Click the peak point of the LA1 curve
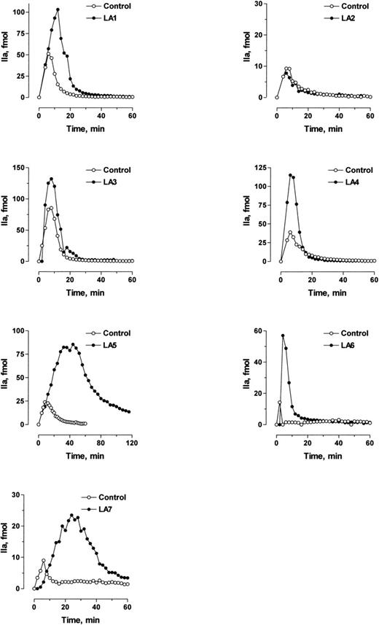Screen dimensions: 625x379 58,9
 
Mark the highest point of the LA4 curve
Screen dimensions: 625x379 290,174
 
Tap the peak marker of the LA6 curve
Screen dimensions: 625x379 283,335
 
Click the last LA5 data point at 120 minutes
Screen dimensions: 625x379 129,411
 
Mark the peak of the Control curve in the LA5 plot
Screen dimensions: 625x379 46,402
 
